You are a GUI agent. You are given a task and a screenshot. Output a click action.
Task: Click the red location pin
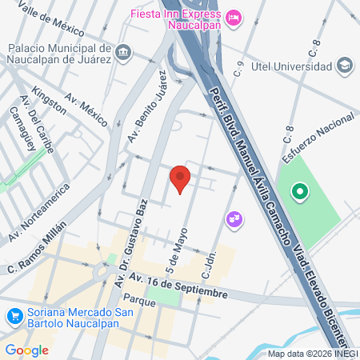tap(180, 178)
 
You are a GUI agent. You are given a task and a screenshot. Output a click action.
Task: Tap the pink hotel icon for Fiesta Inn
tap(234, 17)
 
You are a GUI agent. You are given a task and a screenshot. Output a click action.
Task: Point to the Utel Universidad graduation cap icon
tap(345, 64)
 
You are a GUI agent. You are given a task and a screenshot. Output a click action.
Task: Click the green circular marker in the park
tap(300, 191)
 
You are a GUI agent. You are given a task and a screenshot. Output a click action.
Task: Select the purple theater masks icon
tap(234, 217)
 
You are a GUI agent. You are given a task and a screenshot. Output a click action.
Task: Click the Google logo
tap(26, 350)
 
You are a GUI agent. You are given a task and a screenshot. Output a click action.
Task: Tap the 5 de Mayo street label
tap(172, 253)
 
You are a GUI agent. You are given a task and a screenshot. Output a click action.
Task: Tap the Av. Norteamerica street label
tap(39, 211)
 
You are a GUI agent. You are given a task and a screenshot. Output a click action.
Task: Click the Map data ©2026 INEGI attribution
tap(313, 354)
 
